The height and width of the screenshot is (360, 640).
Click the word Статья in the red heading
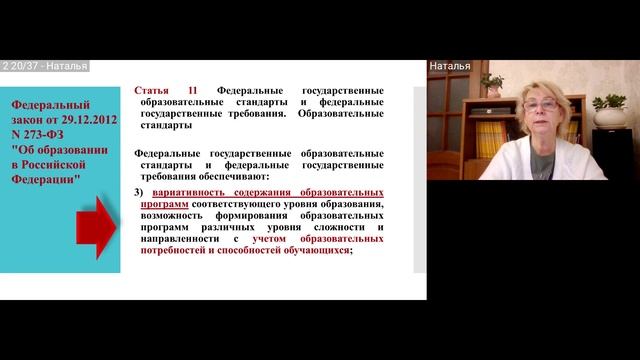pos(153,89)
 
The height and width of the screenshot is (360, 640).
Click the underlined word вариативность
pos(196,191)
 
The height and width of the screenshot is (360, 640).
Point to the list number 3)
pos(140,191)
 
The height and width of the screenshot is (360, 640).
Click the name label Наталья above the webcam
pos(450,66)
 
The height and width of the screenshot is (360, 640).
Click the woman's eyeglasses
pos(541,104)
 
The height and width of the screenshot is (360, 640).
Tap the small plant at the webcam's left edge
pos(491,82)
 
